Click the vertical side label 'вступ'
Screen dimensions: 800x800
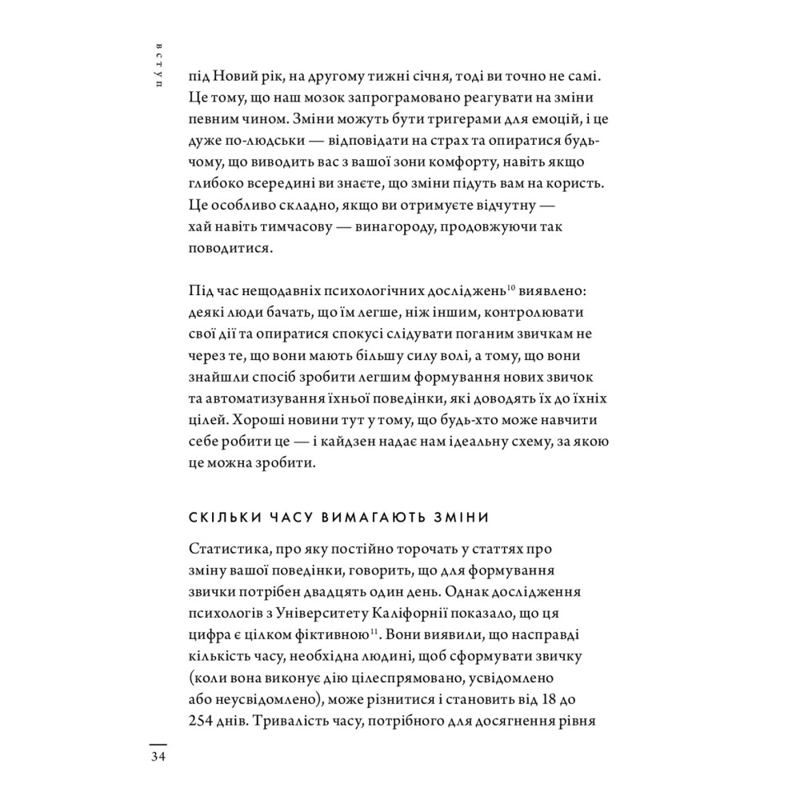click(x=160, y=62)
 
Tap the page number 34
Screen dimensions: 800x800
click(x=157, y=758)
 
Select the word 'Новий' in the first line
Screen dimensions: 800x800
click(x=239, y=77)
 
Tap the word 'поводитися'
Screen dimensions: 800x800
click(x=231, y=250)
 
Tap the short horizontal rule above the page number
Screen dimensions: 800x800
click(x=157, y=742)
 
